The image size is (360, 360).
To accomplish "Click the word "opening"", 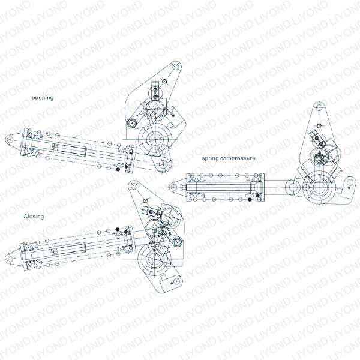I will (x=43, y=97).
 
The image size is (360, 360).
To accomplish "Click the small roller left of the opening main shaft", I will (x=131, y=123).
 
